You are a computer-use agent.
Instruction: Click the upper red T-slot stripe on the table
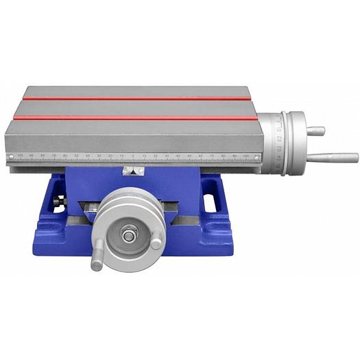[x=137, y=99]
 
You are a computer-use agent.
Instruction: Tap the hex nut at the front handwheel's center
[x=128, y=235]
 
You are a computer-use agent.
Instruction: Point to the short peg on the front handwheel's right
[x=157, y=242]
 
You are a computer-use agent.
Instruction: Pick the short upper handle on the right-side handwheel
[x=315, y=130]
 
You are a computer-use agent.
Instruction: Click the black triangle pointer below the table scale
[x=132, y=172]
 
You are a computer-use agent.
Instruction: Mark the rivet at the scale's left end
[x=10, y=156]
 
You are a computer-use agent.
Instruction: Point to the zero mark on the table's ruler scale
[x=133, y=157]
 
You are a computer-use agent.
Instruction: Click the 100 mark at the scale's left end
[x=20, y=156]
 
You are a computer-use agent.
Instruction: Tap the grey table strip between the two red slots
[x=137, y=108]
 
